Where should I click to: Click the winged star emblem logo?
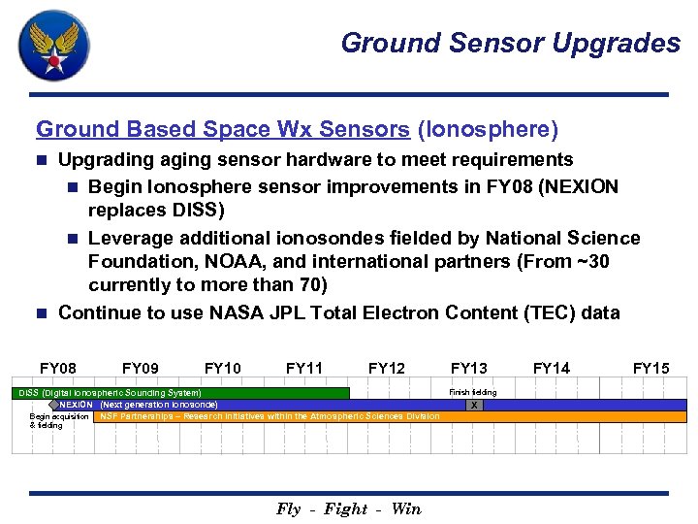(54, 46)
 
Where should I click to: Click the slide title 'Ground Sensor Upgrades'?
(510, 43)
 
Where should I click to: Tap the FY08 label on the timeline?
(58, 368)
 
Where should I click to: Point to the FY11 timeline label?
(304, 368)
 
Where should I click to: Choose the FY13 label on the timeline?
(469, 368)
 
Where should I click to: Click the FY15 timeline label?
(650, 368)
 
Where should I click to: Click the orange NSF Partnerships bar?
(388, 416)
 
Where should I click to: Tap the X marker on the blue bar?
(473, 406)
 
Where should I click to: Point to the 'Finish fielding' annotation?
(472, 392)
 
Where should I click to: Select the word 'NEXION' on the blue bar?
(77, 405)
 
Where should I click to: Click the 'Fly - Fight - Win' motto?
(349, 509)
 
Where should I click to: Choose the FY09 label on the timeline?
(141, 368)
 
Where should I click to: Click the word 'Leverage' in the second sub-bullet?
(129, 238)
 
